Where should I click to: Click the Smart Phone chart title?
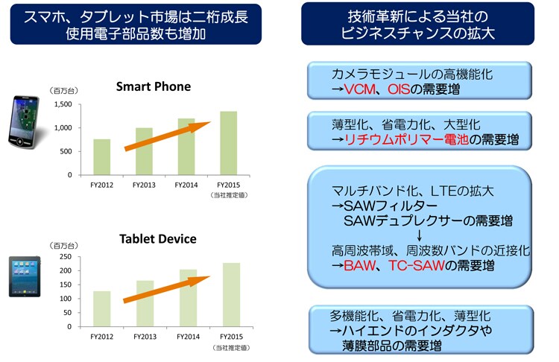coord(154,86)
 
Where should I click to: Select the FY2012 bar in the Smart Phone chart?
coord(102,156)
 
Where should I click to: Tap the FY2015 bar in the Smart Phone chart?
coord(229,143)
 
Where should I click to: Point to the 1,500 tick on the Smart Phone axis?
coord(63,104)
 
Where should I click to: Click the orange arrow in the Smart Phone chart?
coord(167,136)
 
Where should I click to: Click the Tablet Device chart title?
coord(157,238)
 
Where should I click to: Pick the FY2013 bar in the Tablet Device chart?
coord(145,303)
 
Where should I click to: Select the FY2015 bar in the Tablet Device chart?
coord(231,295)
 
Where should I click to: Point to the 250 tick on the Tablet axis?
coord(66,256)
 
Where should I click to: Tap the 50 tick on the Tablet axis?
coord(67,313)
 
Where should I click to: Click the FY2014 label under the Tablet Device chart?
coord(189,337)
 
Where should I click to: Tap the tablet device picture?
coord(25,276)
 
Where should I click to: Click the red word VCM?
coord(359,89)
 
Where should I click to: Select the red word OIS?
coord(399,89)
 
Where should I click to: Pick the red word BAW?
coord(359,265)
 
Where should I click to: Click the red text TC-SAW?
coord(417,265)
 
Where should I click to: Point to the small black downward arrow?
coord(419,236)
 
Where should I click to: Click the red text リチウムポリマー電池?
coord(406,139)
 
